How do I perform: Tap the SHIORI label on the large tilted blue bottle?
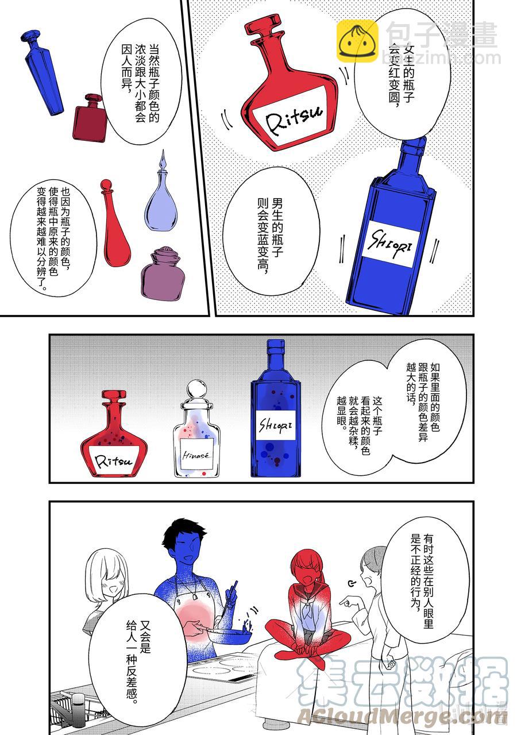[x=391, y=244]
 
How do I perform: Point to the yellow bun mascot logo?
[x=357, y=41]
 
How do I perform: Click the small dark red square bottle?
[x=90, y=118]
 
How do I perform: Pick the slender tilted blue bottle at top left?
[x=43, y=72]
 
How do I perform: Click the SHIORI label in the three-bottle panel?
[x=275, y=425]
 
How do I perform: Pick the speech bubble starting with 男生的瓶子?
[x=271, y=226]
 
